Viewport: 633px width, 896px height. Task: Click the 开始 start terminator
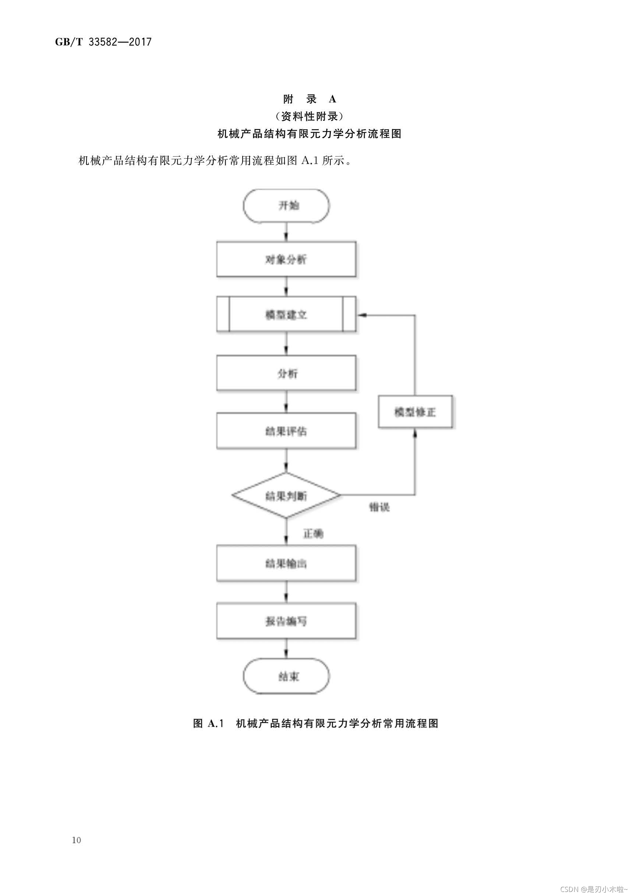286,206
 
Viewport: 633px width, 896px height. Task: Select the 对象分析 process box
286,259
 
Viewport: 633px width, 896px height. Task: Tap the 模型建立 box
286,314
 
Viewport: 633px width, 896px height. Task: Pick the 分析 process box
286,373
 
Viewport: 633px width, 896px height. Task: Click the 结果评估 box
286,431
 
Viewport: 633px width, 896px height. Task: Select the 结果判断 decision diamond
286,496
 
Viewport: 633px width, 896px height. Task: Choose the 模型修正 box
415,412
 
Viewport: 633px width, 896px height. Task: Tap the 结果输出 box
286,563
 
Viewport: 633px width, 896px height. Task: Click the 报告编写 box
286,621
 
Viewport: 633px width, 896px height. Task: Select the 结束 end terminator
286,676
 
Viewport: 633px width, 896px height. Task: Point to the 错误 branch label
379,507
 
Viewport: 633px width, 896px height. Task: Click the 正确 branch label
313,534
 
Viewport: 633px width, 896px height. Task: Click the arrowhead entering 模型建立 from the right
362,315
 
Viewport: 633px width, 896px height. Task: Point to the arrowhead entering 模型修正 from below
415,433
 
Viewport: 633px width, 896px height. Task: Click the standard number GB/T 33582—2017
103,42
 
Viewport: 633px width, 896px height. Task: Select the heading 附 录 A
310,99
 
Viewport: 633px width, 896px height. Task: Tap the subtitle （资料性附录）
310,116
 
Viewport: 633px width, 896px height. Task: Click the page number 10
77,840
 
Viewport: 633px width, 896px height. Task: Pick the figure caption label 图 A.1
209,723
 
